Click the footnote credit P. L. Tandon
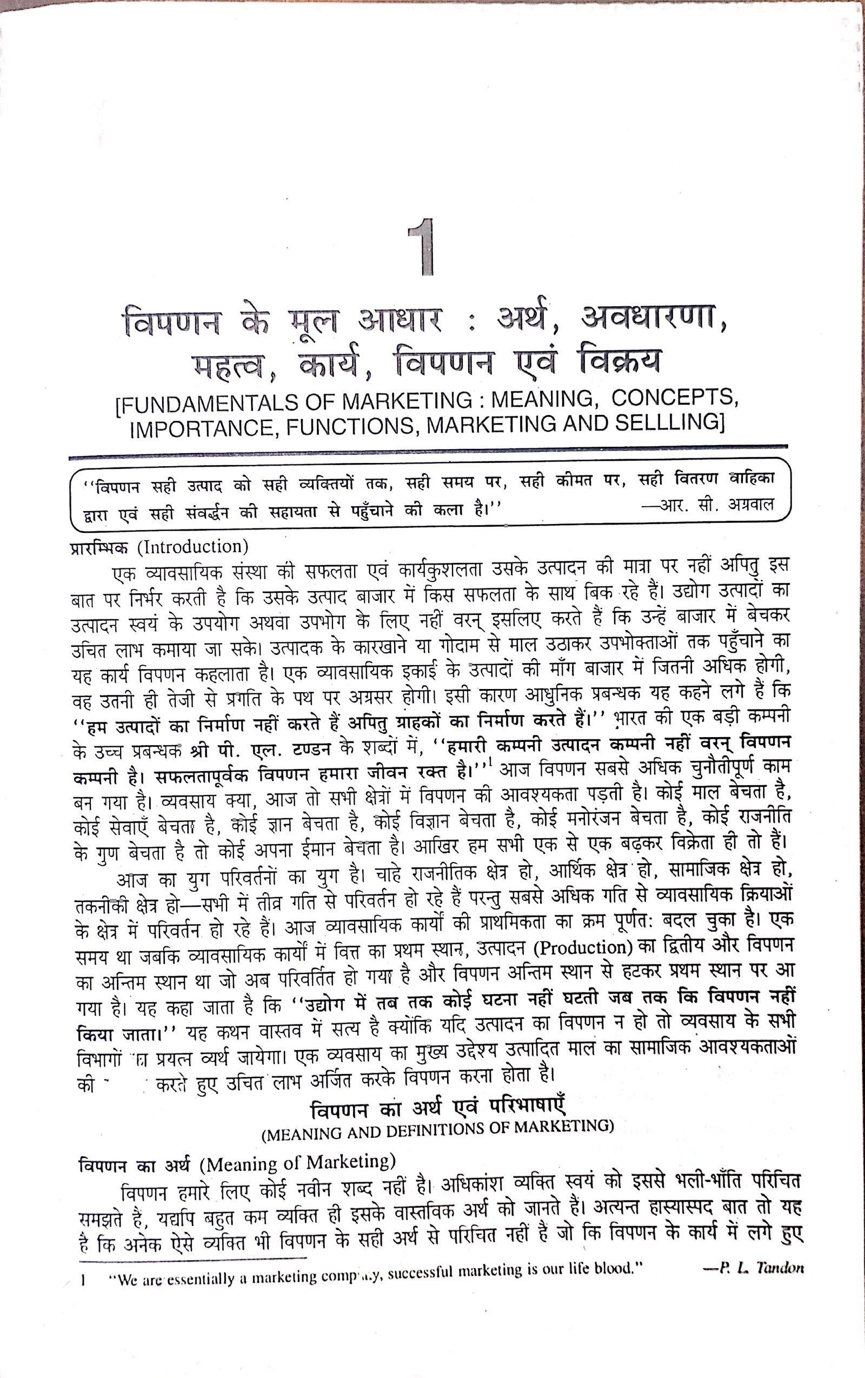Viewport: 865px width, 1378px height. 754,1267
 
